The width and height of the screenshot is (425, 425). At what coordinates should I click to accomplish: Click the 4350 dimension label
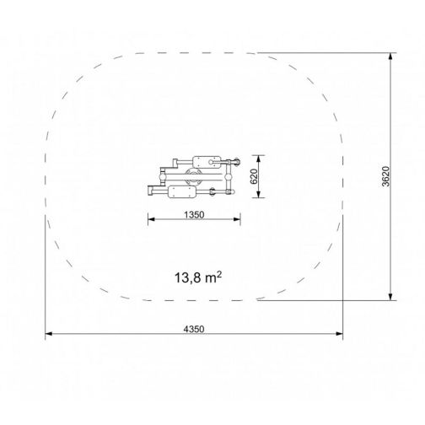pos(194,329)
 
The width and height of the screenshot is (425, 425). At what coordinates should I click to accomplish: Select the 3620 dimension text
pos(386,176)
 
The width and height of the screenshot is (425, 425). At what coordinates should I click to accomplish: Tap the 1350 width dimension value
pos(194,215)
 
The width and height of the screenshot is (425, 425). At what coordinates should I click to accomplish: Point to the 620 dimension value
pos(254,176)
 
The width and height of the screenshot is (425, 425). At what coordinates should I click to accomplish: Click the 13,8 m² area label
pos(198,277)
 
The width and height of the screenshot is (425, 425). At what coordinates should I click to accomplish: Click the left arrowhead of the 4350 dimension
pos(49,334)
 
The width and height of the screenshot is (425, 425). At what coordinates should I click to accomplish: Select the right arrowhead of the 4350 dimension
pos(339,334)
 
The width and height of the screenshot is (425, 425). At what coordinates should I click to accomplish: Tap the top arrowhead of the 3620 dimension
pos(390,56)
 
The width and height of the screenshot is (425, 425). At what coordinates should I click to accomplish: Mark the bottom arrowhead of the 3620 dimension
pos(390,297)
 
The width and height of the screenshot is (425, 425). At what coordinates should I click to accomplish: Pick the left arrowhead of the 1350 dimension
pos(152,219)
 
